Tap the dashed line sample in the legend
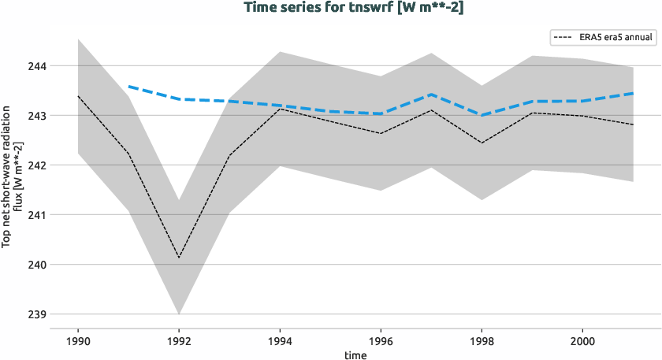[566, 36]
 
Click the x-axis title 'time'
[355, 354]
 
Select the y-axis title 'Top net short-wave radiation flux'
[12, 180]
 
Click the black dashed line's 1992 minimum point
[179, 258]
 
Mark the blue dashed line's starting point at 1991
[128, 87]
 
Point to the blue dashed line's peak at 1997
[431, 95]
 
